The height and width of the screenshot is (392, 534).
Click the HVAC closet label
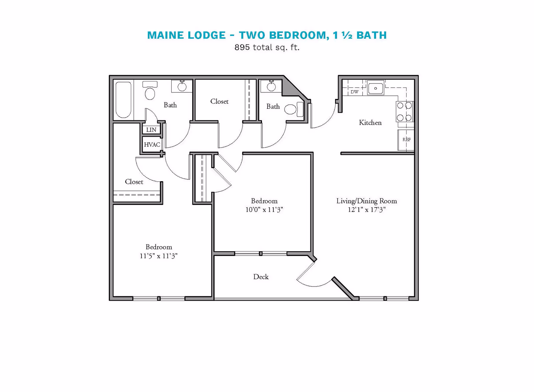pyautogui.click(x=152, y=145)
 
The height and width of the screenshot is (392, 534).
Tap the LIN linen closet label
pyautogui.click(x=151, y=130)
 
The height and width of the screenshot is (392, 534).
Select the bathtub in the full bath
pyautogui.click(x=123, y=100)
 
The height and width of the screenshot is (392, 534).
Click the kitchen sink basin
pyautogui.click(x=375, y=88)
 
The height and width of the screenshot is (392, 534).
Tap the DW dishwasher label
pyautogui.click(x=354, y=92)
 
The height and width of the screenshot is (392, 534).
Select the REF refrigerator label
pyautogui.click(x=407, y=139)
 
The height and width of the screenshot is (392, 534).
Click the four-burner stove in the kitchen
pyautogui.click(x=404, y=112)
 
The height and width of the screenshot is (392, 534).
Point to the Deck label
pyautogui.click(x=261, y=277)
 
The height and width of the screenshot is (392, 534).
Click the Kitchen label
pyautogui.click(x=370, y=123)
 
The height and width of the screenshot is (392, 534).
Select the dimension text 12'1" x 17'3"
pyautogui.click(x=366, y=210)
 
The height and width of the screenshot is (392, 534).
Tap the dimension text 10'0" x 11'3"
pyautogui.click(x=264, y=210)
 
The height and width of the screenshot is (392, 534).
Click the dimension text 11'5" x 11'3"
pyautogui.click(x=159, y=256)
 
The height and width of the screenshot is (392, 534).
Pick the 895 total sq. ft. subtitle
pyautogui.click(x=267, y=47)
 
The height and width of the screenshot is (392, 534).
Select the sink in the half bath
pyautogui.click(x=271, y=87)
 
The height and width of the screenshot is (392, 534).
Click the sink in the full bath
pyautogui.click(x=182, y=87)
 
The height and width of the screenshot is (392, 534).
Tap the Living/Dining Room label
pyautogui.click(x=366, y=201)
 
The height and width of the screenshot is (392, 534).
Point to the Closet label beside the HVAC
pyautogui.click(x=134, y=182)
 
